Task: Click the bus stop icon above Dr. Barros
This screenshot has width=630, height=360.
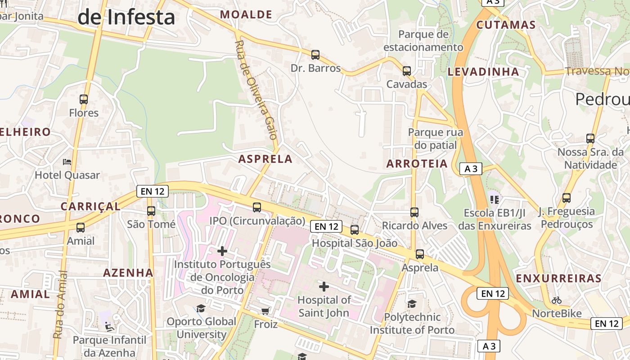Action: pos(315,55)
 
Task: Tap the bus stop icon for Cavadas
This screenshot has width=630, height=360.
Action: pos(407,71)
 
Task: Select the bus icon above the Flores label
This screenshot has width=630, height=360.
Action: pos(84,99)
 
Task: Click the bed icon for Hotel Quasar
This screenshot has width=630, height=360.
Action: pos(67,162)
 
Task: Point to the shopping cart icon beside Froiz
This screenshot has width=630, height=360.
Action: pos(265,311)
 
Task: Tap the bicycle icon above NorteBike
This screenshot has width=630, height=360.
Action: pos(557,300)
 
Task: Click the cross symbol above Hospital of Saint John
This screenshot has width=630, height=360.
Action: pos(324,286)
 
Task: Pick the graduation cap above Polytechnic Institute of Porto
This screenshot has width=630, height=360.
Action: pos(412,304)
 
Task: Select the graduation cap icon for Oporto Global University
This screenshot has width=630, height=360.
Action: pos(201,308)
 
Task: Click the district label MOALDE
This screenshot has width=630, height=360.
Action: pos(246,15)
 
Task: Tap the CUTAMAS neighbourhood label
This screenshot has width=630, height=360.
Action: pos(506,25)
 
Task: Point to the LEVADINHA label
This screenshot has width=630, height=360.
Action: pos(483,72)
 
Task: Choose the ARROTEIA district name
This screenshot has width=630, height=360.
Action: pos(417,164)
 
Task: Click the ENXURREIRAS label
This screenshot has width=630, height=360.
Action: pos(558,279)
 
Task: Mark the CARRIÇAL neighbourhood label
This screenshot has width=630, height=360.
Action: pos(90,207)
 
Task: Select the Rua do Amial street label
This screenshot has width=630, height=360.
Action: pos(59,305)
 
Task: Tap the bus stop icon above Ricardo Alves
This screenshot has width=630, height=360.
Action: pos(414,212)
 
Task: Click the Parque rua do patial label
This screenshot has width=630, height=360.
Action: pos(435,139)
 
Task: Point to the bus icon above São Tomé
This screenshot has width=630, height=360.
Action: pos(151,211)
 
